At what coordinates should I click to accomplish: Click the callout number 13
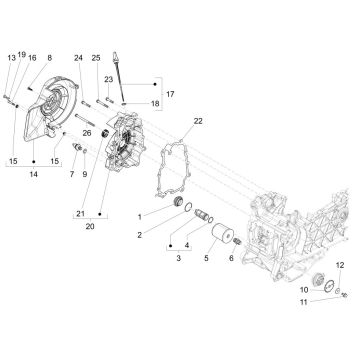pos(11,57)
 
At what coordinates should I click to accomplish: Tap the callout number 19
pos(21,57)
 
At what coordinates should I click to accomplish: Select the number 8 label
pos(50,58)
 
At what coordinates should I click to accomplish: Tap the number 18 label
pos(155,102)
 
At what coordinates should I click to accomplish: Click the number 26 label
pos(116,133)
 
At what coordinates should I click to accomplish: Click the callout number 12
pos(339,262)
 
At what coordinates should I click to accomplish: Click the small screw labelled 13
pos(10,98)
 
